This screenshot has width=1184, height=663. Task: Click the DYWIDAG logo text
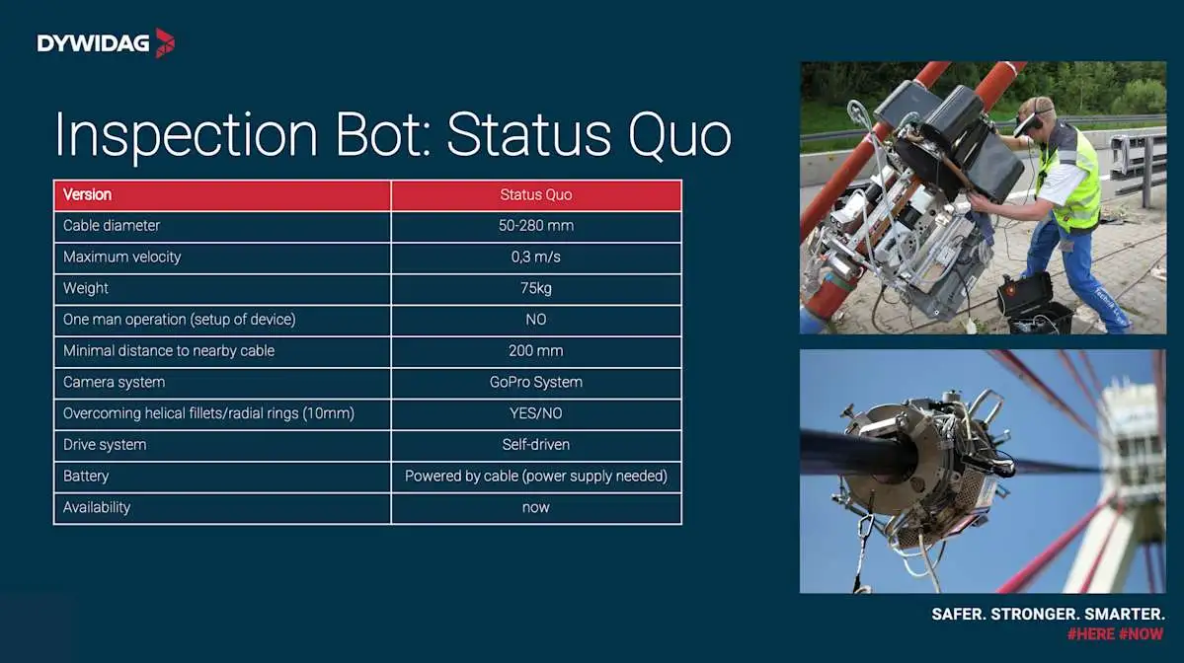[x=93, y=43]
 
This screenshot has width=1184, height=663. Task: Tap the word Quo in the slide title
[x=679, y=136]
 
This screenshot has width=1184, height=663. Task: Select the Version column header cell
[x=223, y=195]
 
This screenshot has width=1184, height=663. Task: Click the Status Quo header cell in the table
[x=536, y=195]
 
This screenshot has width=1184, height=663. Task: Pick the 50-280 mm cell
[x=536, y=226]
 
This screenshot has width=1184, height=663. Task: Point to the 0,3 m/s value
[x=536, y=258]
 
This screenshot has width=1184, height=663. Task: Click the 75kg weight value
[x=536, y=289]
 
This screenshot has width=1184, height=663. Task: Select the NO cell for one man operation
[x=536, y=320]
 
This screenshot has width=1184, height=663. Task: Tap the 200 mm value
[x=536, y=351]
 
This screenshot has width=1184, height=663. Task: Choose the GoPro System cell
[x=536, y=383]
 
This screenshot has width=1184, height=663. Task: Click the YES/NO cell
[x=536, y=414]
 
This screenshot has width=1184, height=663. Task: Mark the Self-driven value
[x=536, y=445]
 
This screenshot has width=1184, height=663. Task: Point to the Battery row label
[x=86, y=477]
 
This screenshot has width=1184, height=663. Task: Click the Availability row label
[x=97, y=508]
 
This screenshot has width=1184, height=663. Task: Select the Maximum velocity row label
[x=122, y=258]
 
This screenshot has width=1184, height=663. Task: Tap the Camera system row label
[x=114, y=383]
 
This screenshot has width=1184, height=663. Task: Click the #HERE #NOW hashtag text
[x=1115, y=634]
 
